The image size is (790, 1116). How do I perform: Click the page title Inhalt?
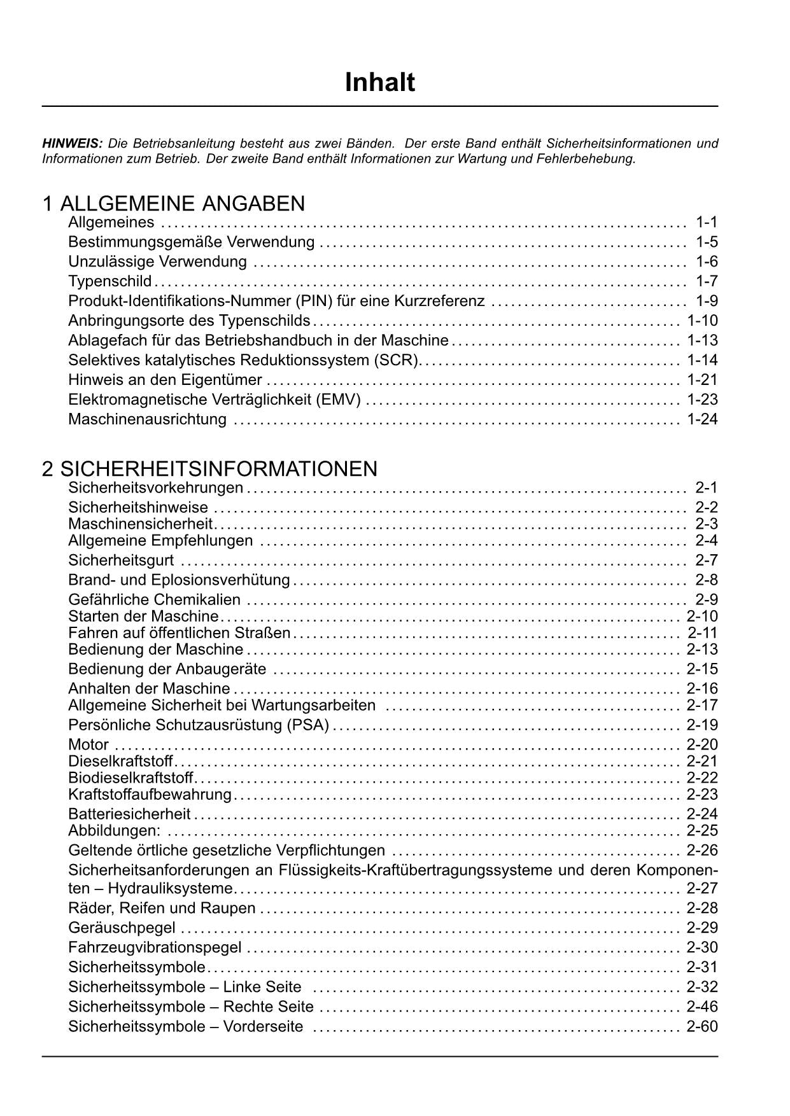click(x=379, y=83)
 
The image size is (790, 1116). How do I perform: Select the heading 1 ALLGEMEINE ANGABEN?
click(x=173, y=204)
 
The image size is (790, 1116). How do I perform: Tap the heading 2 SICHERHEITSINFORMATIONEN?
click(x=209, y=469)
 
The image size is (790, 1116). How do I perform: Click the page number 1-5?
click(x=707, y=242)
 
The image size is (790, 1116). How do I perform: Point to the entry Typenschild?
click(x=109, y=281)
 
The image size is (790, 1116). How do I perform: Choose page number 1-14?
click(x=702, y=360)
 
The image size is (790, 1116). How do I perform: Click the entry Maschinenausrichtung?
click(x=147, y=419)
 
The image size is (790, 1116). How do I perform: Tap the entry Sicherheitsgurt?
click(x=121, y=561)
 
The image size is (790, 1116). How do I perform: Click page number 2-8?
click(x=707, y=580)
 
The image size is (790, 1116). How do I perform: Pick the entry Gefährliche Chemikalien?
click(x=154, y=599)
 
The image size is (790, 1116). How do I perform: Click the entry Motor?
click(x=88, y=744)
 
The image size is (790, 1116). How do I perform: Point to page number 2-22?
click(x=702, y=778)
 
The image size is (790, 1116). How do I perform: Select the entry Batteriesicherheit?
click(x=129, y=814)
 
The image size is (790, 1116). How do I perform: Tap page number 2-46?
click(x=702, y=1007)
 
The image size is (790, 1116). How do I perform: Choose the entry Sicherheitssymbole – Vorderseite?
click(x=185, y=1026)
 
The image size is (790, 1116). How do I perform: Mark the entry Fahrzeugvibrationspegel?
click(x=155, y=947)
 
